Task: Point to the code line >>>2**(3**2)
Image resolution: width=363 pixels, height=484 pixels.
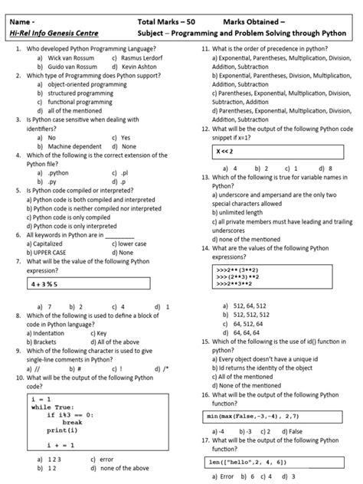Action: [x=237, y=270]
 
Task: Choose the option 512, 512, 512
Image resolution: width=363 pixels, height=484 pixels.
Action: [x=252, y=314]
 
